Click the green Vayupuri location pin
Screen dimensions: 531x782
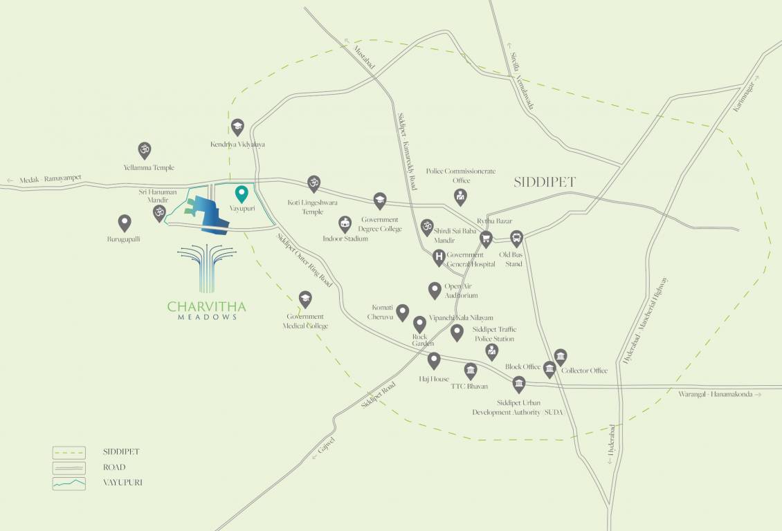(x=242, y=194)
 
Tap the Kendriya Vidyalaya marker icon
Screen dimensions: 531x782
(x=237, y=127)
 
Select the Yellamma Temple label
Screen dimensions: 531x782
(x=149, y=167)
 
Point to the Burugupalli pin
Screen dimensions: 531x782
(x=125, y=223)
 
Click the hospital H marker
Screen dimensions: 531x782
(x=438, y=257)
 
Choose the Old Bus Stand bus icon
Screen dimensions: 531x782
(x=516, y=239)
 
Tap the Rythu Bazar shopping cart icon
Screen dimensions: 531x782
(x=486, y=239)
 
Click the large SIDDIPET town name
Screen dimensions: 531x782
(x=545, y=183)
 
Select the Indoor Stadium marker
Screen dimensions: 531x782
(x=345, y=223)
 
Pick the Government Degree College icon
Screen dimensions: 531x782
(x=379, y=201)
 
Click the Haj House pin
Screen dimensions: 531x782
(x=434, y=360)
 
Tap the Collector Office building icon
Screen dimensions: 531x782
(x=561, y=357)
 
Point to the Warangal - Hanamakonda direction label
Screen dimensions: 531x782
(x=719, y=394)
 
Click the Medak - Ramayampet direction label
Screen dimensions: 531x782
(x=44, y=179)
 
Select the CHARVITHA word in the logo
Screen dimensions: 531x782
(x=206, y=305)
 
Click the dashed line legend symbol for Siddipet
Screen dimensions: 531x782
(x=69, y=452)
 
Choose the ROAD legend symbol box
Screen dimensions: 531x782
(x=69, y=467)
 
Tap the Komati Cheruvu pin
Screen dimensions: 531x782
(x=402, y=313)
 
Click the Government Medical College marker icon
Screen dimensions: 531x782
(x=304, y=299)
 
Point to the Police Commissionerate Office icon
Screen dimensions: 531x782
(x=460, y=197)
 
